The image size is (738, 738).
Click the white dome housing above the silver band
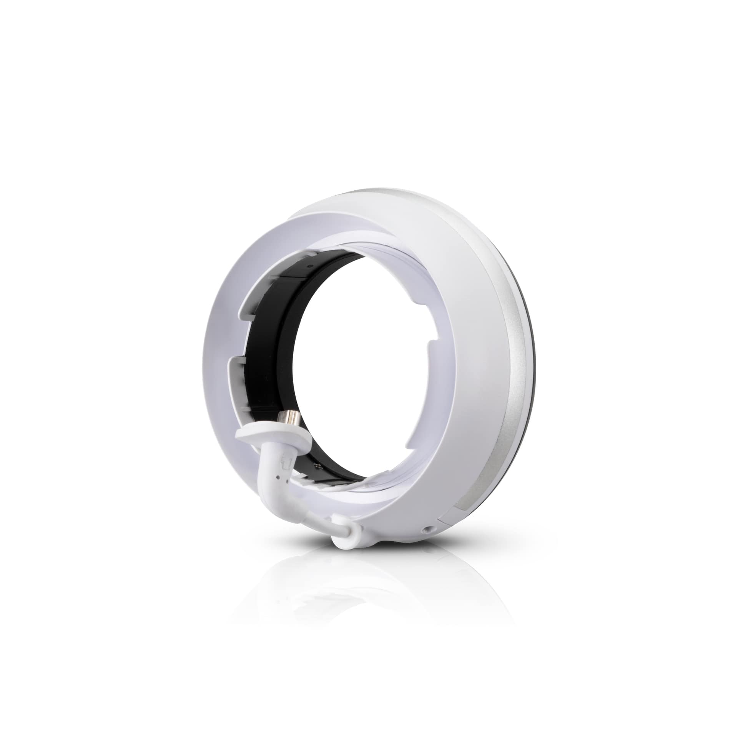pyautogui.click(x=442, y=238)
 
